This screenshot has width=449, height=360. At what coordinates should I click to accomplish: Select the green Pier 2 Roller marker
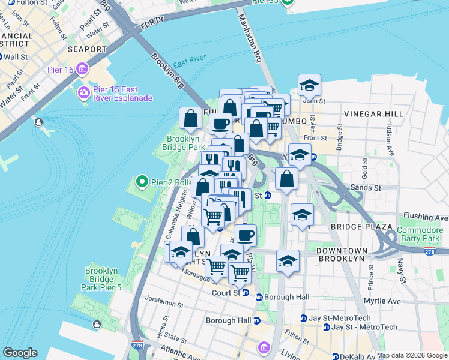[x=142, y=181]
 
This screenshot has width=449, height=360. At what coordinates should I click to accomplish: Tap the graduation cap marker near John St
[x=309, y=86]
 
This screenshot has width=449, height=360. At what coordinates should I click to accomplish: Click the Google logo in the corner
[x=20, y=352]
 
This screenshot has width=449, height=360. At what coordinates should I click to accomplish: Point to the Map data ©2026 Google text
[x=412, y=355]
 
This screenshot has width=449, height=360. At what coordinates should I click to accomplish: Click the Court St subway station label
[x=226, y=293]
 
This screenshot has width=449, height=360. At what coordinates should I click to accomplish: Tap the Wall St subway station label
[x=16, y=57]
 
